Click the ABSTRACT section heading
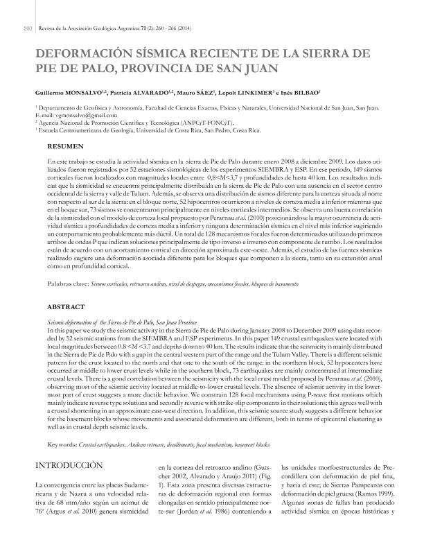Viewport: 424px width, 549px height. [x=66, y=305]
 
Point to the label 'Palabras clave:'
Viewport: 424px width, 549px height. [x=68, y=284]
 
